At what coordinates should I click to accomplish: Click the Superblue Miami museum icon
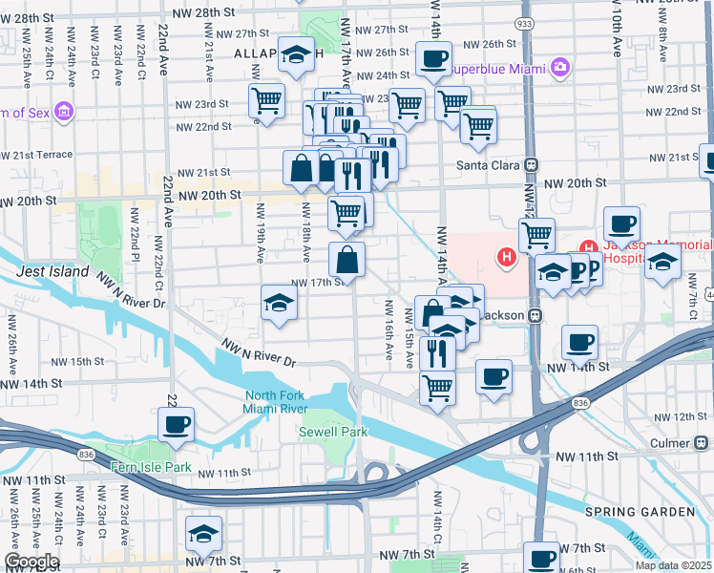click(x=559, y=68)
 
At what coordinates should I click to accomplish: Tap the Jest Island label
click(x=52, y=272)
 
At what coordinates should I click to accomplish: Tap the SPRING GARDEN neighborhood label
click(x=640, y=512)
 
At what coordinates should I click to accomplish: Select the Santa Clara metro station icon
click(x=531, y=164)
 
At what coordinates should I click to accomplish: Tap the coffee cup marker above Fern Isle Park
click(x=177, y=424)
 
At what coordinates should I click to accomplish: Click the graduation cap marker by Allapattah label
click(x=298, y=55)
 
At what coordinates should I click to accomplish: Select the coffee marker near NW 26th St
click(x=433, y=59)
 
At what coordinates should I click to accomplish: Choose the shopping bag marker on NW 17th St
click(x=347, y=259)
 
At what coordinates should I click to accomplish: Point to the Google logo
click(x=31, y=562)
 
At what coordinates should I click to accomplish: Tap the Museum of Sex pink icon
click(x=65, y=113)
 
